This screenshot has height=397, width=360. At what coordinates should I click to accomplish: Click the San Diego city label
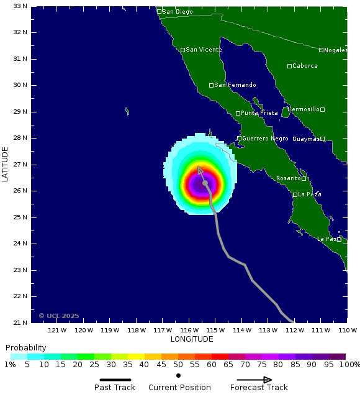[x=177, y=11]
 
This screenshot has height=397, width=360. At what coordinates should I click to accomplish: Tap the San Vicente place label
[x=204, y=50]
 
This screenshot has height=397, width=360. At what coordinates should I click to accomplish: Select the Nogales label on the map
[x=335, y=50]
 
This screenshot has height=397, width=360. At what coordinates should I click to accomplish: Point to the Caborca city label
[x=305, y=66]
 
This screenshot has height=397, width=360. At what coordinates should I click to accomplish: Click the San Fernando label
[x=235, y=85]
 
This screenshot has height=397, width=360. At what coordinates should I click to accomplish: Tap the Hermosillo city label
[x=304, y=109]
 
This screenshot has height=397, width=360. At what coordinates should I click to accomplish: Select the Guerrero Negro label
[x=266, y=139]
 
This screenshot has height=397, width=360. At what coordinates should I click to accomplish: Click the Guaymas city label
[x=306, y=139]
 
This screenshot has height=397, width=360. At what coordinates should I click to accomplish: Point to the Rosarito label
[x=288, y=178]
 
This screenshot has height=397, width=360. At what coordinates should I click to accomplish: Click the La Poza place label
[x=310, y=194]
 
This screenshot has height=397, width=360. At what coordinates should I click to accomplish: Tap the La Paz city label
[x=326, y=239]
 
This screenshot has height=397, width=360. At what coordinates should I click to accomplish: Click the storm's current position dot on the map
[x=205, y=183]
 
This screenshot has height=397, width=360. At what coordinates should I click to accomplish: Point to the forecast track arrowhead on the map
[x=199, y=168]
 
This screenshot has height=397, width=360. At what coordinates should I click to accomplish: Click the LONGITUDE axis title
[x=191, y=339]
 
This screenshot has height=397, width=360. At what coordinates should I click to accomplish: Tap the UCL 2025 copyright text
[x=59, y=316]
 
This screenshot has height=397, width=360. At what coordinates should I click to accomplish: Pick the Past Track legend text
[x=115, y=388]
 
